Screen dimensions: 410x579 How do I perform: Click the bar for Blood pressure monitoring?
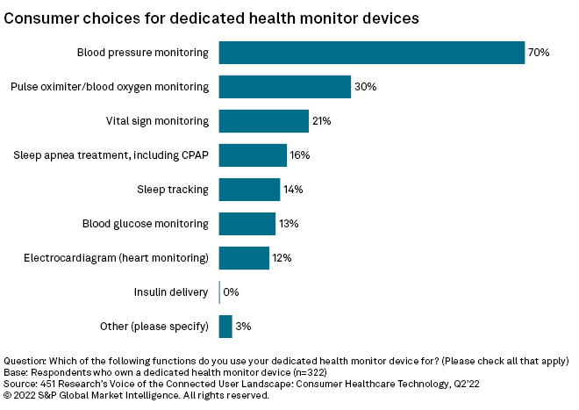pyautogui.click(x=371, y=53)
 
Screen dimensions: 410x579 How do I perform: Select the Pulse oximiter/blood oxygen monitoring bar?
pyautogui.click(x=284, y=87)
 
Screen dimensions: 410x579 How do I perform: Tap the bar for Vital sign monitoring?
pyautogui.click(x=263, y=121)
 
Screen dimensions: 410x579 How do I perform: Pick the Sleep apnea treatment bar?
pyautogui.click(x=253, y=155)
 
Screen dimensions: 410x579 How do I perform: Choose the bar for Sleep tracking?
pyautogui.click(x=249, y=190)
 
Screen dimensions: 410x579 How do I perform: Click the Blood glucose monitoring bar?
pyautogui.click(x=247, y=224)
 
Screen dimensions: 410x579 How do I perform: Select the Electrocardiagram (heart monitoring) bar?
pyautogui.click(x=244, y=258)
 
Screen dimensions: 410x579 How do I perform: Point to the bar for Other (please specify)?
pyautogui.click(x=225, y=327)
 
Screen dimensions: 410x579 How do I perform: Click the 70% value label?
pyautogui.click(x=538, y=53)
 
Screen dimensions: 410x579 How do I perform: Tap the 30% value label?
pyautogui.click(x=365, y=87)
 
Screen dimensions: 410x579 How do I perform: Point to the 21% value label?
pyautogui.click(x=321, y=121)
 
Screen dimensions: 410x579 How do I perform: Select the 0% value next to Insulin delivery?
pyautogui.click(x=232, y=292)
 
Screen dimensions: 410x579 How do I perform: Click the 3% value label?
pyautogui.click(x=244, y=327)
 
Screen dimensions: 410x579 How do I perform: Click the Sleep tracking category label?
pyautogui.click(x=173, y=190)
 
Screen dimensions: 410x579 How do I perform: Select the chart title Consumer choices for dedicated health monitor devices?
pyautogui.click(x=211, y=17)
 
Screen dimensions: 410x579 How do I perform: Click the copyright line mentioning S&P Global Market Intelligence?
pyautogui.click(x=136, y=395)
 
